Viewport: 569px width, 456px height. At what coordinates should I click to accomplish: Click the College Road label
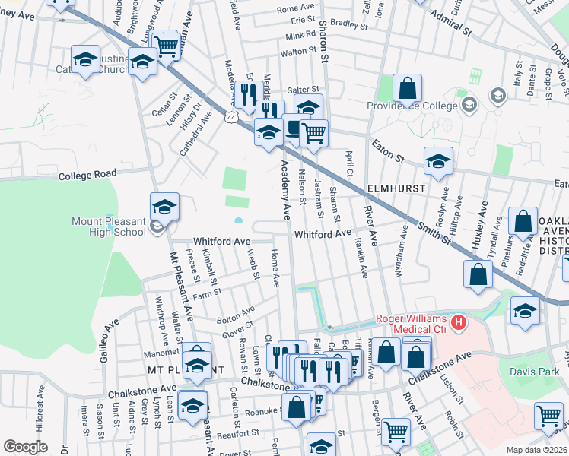pos(87,174)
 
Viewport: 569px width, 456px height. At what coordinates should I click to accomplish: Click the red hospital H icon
pos(458,323)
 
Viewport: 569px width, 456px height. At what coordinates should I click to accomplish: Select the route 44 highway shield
pos(230,117)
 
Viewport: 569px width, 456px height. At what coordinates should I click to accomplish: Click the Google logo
pos(25,447)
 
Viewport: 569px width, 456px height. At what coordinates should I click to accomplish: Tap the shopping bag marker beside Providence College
pos(408,87)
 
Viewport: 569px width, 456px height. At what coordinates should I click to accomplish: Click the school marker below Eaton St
pos(438,160)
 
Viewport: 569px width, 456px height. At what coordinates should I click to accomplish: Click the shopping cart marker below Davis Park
pos(548,416)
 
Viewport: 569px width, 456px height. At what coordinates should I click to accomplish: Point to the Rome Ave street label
pos(295,8)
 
